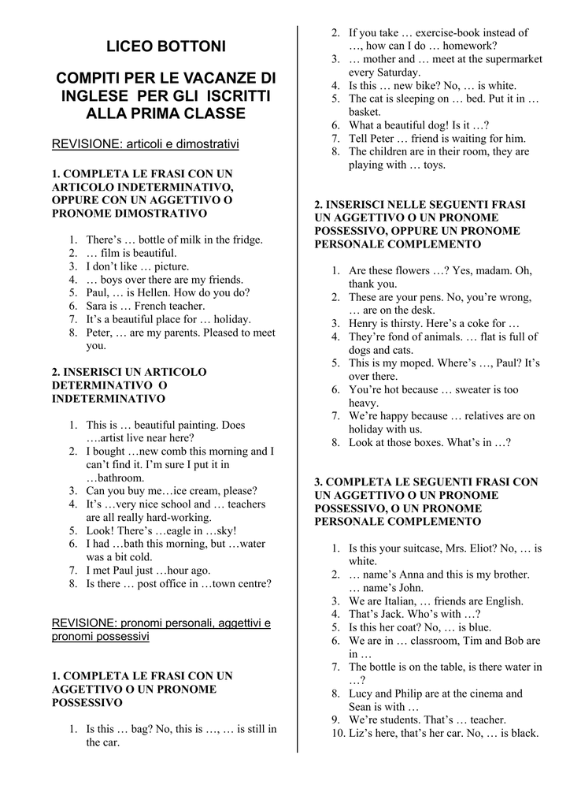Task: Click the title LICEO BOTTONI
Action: coord(165,47)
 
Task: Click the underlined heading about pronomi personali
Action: coord(161,629)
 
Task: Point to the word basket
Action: coord(365,112)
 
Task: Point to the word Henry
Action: coord(365,323)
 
